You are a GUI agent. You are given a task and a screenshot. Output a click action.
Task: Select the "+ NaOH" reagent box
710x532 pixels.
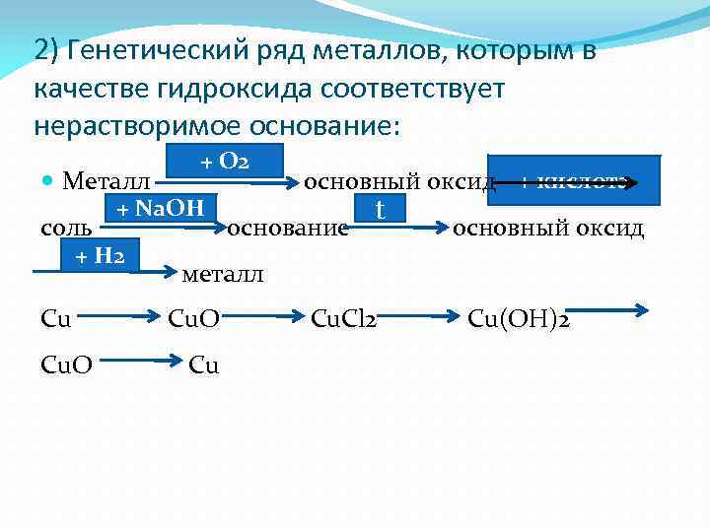[161, 208]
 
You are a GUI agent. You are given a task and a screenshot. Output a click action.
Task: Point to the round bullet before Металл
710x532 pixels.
[48, 182]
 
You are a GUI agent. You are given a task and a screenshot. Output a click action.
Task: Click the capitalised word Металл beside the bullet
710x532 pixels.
[106, 182]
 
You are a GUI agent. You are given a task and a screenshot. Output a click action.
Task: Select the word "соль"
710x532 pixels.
[67, 230]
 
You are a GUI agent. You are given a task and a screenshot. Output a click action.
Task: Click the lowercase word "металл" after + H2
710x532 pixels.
[224, 274]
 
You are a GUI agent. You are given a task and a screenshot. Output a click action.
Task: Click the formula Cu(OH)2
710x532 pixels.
[522, 318]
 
